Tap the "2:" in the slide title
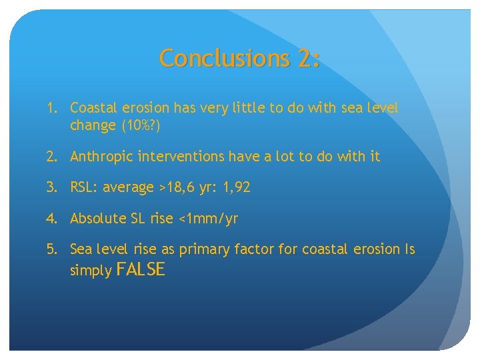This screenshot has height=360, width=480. (x=309, y=58)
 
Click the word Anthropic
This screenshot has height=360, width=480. (x=101, y=157)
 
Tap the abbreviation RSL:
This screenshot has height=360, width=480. (x=85, y=187)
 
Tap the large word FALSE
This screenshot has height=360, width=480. (x=140, y=269)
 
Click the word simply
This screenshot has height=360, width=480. (x=91, y=271)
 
